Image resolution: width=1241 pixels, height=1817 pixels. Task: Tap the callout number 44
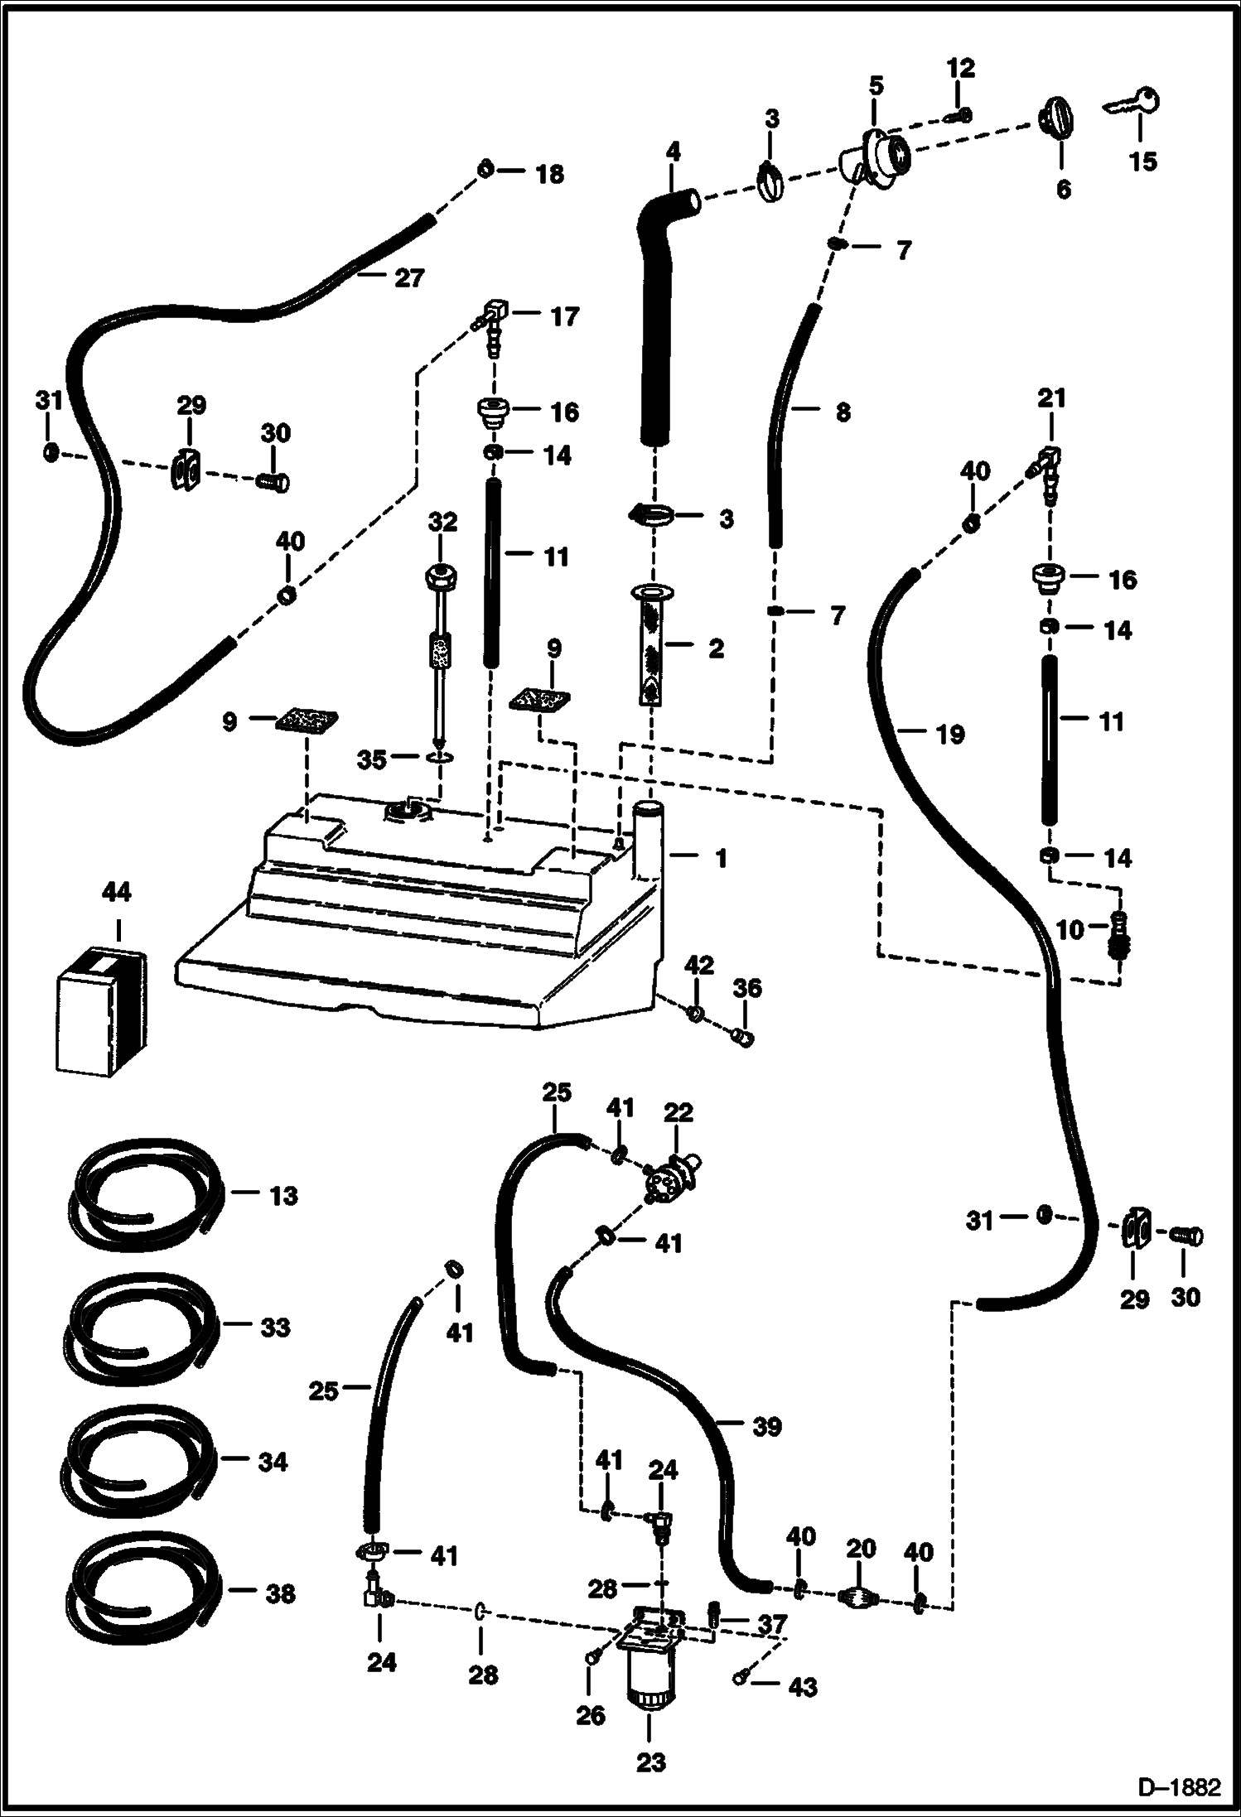117,893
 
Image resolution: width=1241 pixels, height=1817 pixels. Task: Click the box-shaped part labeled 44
102,1014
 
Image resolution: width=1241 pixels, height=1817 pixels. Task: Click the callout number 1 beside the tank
721,858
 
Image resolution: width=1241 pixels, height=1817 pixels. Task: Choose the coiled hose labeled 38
141,1593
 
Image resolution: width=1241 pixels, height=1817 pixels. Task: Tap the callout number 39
767,1426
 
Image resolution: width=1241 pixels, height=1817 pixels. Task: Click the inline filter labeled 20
858,1597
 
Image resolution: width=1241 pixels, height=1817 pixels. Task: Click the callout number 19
949,734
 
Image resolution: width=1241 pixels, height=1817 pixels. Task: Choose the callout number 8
843,412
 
